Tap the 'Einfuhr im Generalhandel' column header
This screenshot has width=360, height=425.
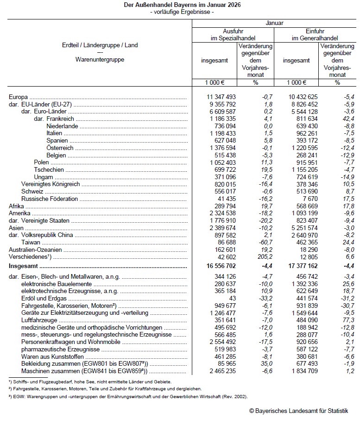[315, 34]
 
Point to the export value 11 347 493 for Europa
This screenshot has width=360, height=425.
[221, 97]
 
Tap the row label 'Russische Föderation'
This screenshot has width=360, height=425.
[50, 199]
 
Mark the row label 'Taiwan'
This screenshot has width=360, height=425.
[32, 242]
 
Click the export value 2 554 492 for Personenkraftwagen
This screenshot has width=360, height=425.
[221, 342]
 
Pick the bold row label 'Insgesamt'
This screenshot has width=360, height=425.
[24, 267]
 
